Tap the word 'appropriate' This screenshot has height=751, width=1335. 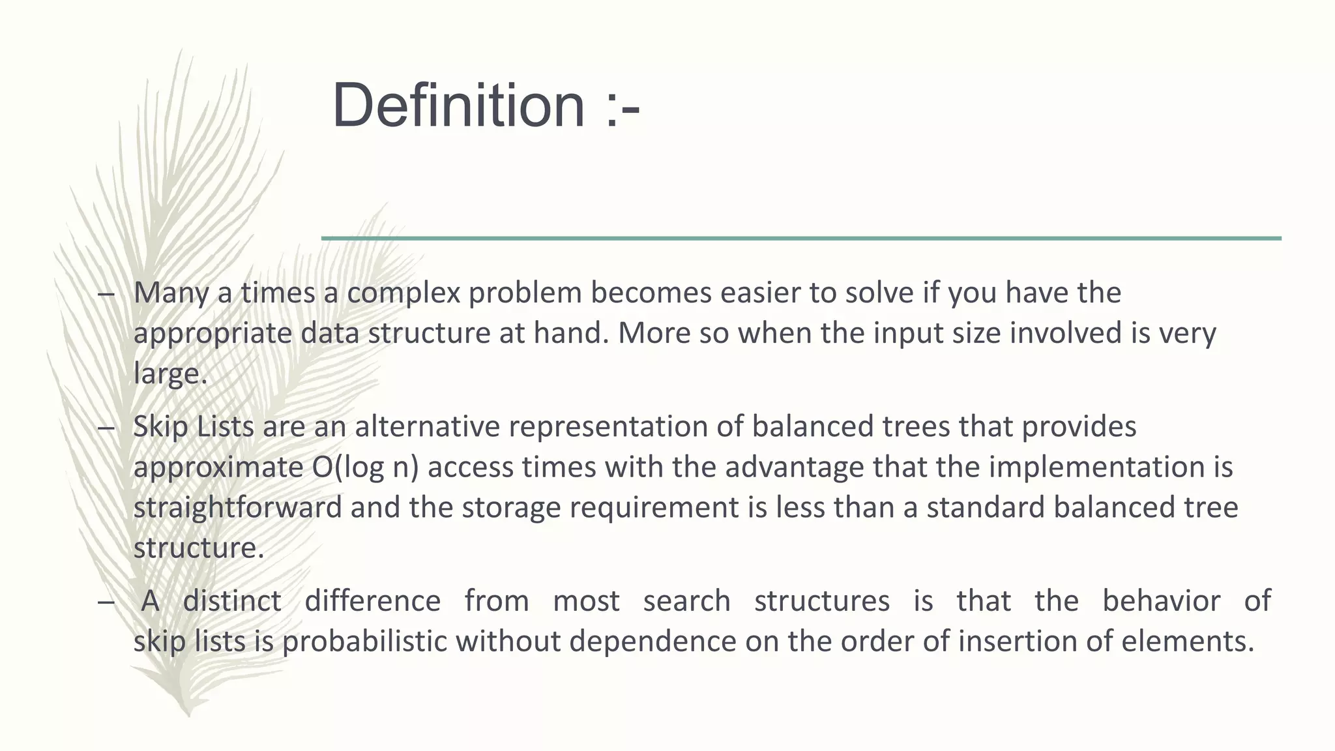point(213,334)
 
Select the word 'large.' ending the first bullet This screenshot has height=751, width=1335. point(170,374)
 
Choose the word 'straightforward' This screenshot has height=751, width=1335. point(237,508)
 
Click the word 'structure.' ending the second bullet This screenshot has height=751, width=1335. point(199,548)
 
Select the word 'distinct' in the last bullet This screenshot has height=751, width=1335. point(231,601)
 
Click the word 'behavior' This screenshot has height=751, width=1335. point(1161,601)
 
